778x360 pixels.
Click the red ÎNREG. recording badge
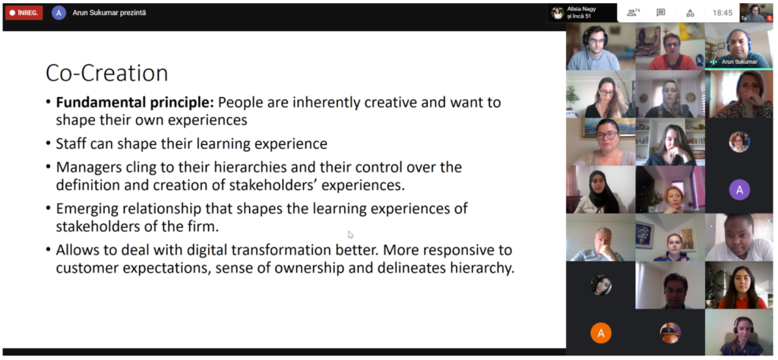[x=24, y=13]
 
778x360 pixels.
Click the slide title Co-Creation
[x=106, y=73]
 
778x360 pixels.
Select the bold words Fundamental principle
[x=134, y=103]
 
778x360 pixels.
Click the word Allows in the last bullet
[x=77, y=249]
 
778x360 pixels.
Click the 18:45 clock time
[x=722, y=13]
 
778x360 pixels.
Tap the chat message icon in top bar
[x=660, y=13]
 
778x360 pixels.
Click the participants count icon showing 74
[x=633, y=13]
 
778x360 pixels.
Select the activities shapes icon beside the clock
[x=690, y=13]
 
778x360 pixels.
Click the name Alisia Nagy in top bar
[x=581, y=9]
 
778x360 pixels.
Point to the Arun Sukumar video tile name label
[x=739, y=62]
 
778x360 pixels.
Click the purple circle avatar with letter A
[x=739, y=189]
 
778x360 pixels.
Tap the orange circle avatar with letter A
[x=601, y=333]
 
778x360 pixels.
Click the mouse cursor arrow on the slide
[x=350, y=234]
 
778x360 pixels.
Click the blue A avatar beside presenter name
[x=59, y=13]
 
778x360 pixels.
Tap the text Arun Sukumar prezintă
[x=109, y=13]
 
